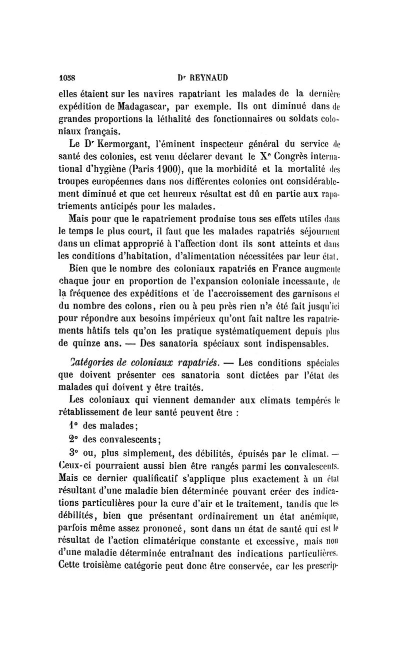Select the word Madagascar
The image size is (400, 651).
point(125,106)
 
